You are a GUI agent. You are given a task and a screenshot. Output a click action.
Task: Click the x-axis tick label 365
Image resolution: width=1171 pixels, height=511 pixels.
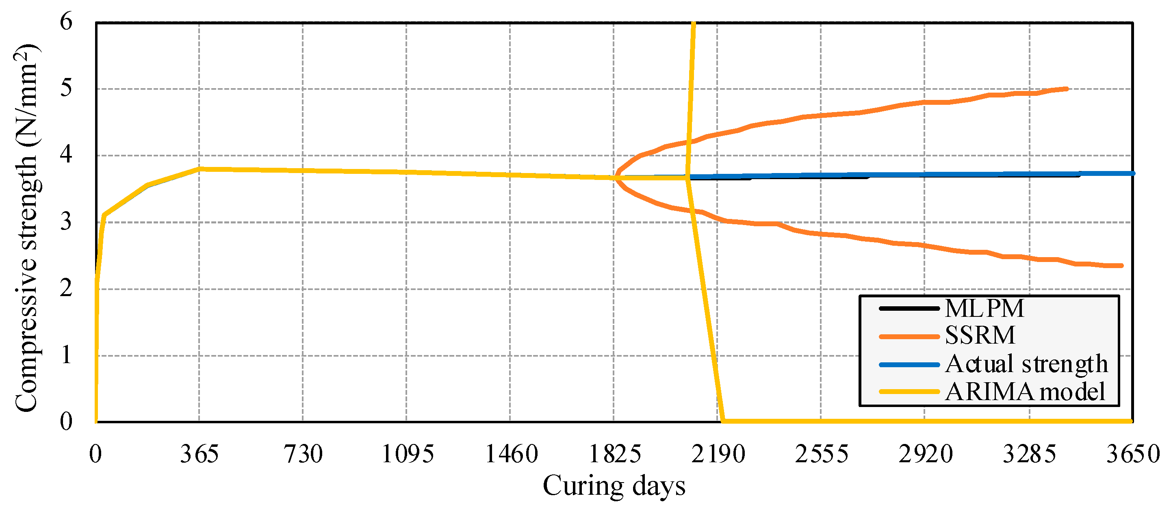click(199, 454)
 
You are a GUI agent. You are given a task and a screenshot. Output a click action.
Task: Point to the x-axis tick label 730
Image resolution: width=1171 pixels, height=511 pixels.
click(303, 454)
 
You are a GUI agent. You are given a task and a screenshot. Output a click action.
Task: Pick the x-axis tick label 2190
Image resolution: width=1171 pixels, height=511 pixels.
click(718, 454)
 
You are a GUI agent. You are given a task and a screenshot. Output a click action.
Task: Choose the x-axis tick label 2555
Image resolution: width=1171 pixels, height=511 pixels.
click(822, 454)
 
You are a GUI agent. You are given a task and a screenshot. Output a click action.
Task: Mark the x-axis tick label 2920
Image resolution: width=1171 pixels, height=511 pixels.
click(925, 454)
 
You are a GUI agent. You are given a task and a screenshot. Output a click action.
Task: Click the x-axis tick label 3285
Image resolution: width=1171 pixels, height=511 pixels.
click(1029, 454)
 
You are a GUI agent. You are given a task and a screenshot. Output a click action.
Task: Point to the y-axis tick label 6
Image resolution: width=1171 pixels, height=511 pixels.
click(66, 22)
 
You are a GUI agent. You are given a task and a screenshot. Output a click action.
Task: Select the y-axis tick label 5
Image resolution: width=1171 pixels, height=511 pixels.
click(66, 88)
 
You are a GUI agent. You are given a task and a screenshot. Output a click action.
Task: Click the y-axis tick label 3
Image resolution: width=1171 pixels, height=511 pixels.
click(66, 222)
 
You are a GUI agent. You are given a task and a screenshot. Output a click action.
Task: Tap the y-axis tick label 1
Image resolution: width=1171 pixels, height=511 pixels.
click(66, 355)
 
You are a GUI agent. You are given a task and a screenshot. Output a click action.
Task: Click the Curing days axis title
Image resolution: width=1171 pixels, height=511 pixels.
click(614, 486)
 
